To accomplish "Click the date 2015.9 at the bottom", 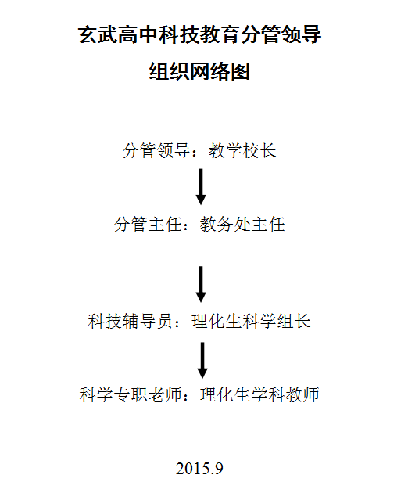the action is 199,469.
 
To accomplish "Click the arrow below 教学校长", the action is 201,187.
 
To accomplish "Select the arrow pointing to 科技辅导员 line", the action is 201,284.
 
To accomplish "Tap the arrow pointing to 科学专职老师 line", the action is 202,360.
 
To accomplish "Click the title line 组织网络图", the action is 199,71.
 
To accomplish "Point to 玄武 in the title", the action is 98,34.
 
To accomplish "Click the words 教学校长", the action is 242,150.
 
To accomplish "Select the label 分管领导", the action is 156,150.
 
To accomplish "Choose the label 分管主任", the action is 148,225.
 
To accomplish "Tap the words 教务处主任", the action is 242,225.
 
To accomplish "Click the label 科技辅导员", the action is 131,322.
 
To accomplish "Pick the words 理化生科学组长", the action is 251,322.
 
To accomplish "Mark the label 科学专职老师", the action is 131,394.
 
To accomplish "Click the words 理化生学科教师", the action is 259,394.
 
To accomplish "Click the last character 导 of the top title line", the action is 311,34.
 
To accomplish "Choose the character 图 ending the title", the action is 240,71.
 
